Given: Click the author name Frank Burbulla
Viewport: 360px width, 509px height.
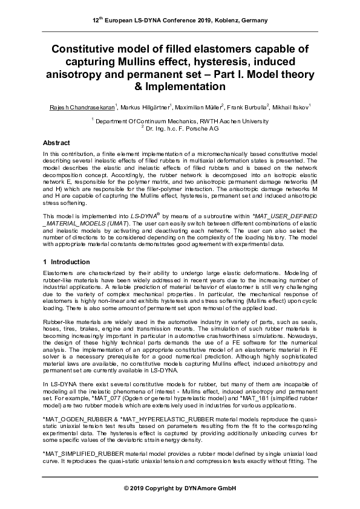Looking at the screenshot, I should (248, 107).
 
